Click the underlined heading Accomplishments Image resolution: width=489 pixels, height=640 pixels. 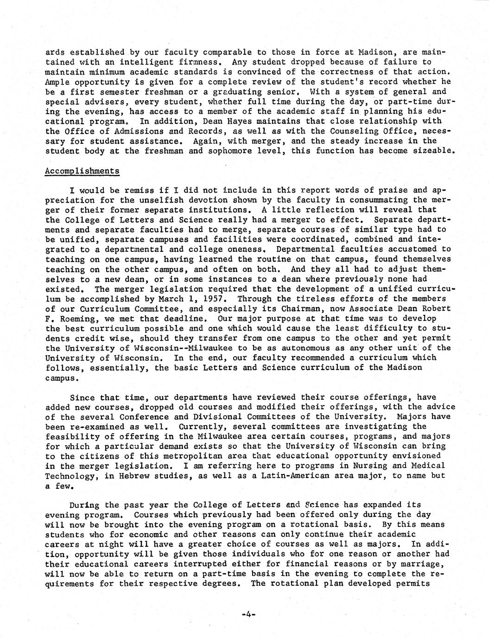(x=82, y=171)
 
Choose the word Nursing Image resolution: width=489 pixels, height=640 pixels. (x=365, y=466)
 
